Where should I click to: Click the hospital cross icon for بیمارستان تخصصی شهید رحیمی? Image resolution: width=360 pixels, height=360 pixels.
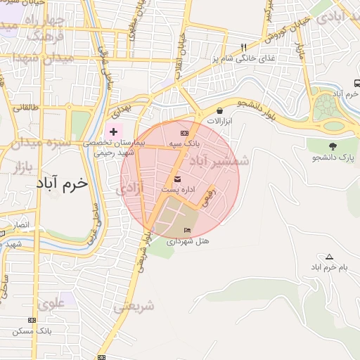[114, 131]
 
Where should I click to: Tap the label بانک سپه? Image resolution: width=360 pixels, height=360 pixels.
[184, 143]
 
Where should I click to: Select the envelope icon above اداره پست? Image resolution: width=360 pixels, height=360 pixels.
[176, 179]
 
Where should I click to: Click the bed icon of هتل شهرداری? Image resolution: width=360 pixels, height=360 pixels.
[186, 231]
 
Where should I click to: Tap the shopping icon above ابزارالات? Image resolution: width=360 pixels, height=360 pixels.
[220, 110]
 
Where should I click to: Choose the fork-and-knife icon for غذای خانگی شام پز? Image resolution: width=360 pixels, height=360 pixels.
[243, 48]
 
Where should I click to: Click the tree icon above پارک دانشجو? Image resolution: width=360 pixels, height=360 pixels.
[333, 146]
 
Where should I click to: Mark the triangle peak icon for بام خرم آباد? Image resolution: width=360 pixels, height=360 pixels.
[328, 257]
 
